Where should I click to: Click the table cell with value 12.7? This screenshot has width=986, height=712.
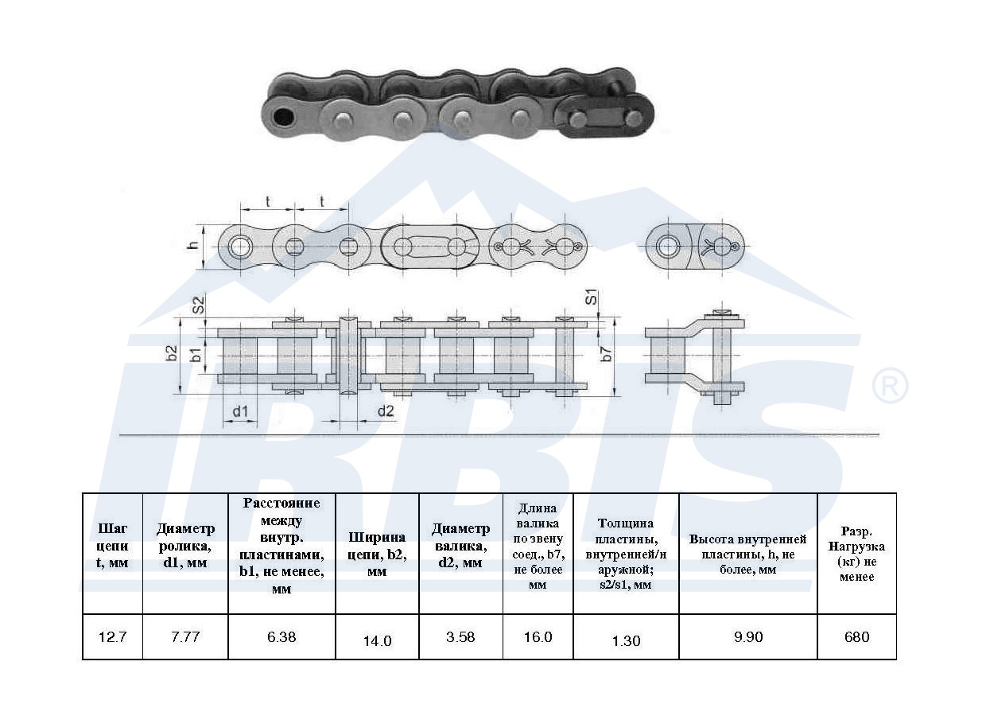point(113,636)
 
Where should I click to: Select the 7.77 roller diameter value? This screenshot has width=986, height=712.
point(185,636)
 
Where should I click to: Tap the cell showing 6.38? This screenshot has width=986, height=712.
point(281,636)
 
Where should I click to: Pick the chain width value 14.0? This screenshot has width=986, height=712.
point(377,640)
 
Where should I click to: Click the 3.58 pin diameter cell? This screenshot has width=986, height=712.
point(461,636)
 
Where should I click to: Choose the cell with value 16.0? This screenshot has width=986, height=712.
point(538,636)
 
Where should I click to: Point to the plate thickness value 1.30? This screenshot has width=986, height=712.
point(626,640)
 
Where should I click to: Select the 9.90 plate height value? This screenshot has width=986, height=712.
point(748,636)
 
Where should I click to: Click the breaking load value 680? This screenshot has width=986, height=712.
point(856,636)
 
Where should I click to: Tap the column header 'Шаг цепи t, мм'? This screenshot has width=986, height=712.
point(113,546)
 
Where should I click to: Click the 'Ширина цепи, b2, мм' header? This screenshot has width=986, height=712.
point(377,554)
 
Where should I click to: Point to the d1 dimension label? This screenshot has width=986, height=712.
point(240,412)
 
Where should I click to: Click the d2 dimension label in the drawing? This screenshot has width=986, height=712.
point(386,410)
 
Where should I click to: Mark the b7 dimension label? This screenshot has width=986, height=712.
point(607,353)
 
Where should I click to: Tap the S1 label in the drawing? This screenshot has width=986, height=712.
point(592,297)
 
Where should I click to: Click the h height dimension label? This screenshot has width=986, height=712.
point(193,245)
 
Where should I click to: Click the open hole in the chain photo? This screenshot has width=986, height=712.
point(283,117)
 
